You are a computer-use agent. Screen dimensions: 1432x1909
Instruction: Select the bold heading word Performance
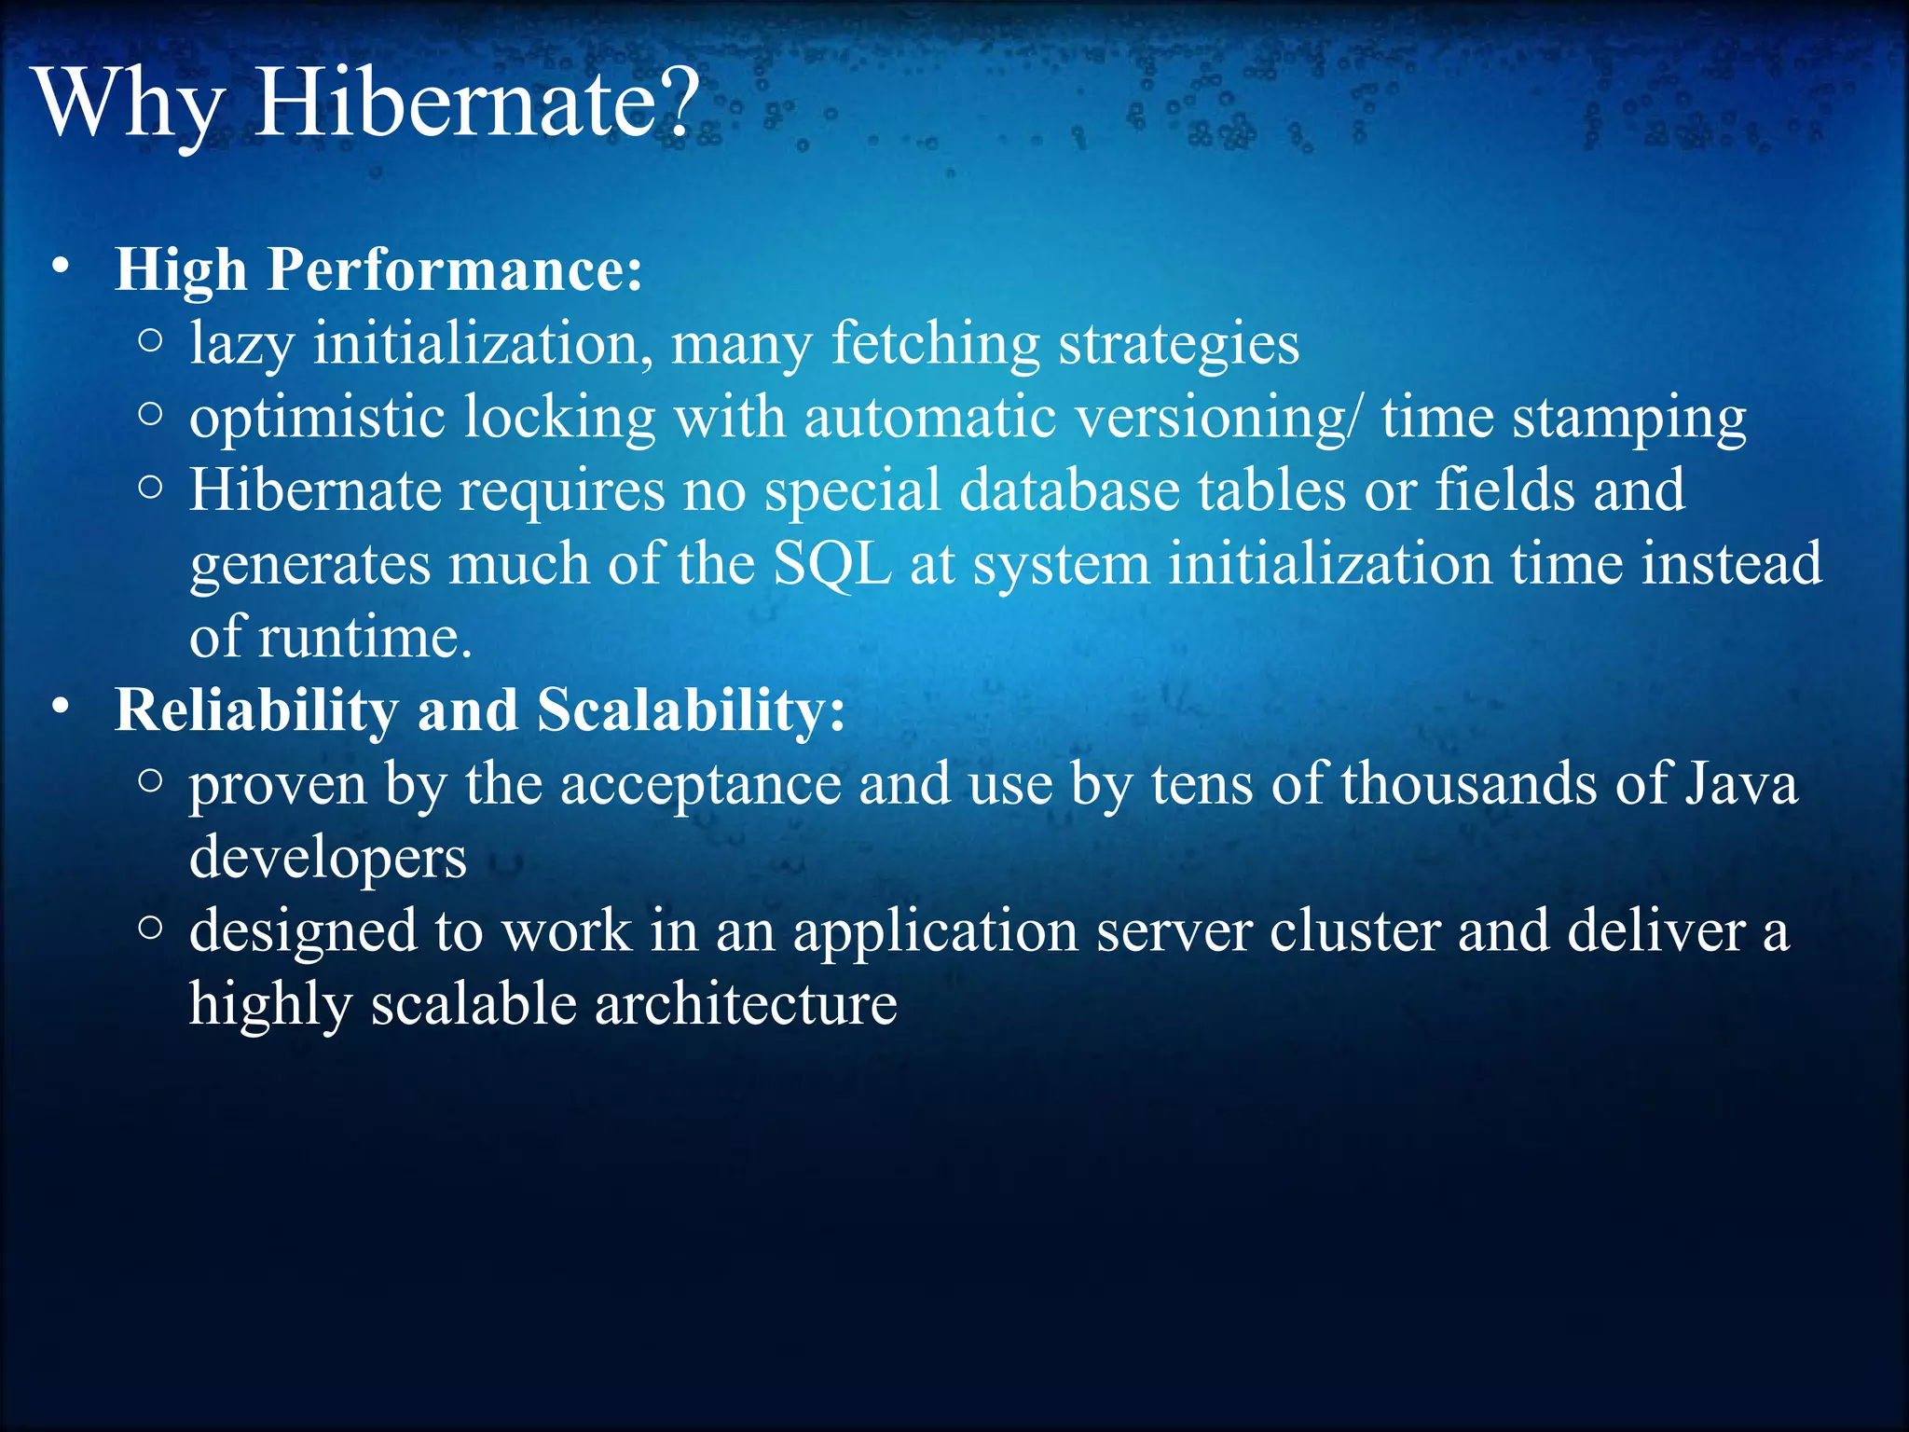click(x=454, y=270)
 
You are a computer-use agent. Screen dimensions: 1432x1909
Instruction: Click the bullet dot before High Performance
click(x=61, y=268)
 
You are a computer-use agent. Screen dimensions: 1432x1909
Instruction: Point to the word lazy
click(x=241, y=345)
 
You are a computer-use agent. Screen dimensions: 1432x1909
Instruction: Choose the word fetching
click(x=935, y=345)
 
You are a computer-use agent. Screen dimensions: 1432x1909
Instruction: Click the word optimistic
click(x=317, y=418)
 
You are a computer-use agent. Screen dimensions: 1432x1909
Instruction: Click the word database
click(x=1069, y=490)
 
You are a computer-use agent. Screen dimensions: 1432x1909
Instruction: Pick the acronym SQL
click(x=832, y=565)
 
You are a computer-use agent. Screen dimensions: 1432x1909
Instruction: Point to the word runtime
click(x=364, y=639)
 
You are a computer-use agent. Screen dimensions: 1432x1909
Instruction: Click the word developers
click(x=327, y=860)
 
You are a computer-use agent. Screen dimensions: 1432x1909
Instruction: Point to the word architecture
click(x=746, y=1005)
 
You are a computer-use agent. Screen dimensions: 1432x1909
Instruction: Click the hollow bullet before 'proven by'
click(x=150, y=781)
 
